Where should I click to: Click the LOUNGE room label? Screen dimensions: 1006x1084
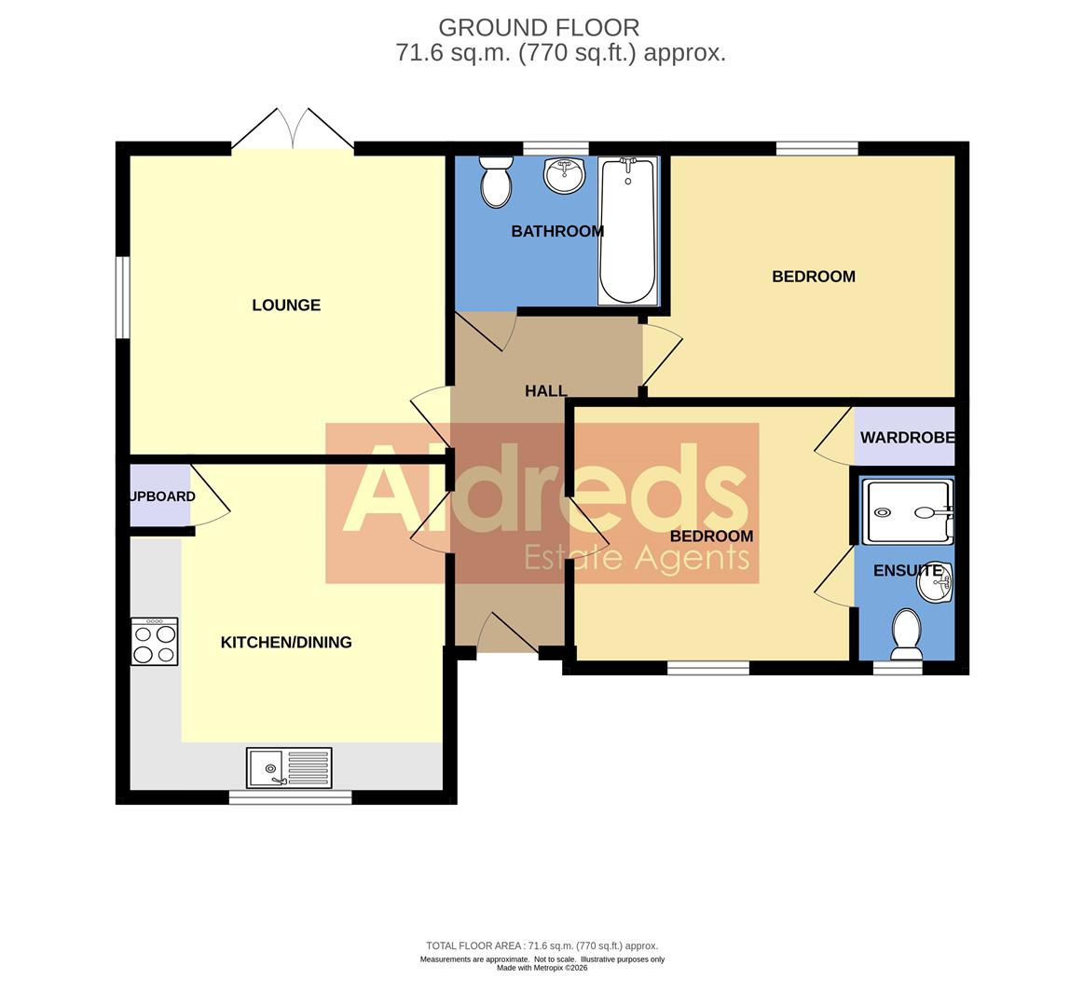(x=286, y=306)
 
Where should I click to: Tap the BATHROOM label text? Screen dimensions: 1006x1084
(x=556, y=231)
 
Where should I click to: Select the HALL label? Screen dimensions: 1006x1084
(x=545, y=391)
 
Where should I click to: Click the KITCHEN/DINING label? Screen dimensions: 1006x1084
(x=286, y=642)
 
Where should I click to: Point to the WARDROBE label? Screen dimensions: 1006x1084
(x=906, y=438)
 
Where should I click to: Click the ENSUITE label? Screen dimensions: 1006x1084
(x=907, y=571)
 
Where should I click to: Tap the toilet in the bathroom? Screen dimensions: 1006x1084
(x=496, y=181)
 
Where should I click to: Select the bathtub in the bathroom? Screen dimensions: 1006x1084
(x=627, y=230)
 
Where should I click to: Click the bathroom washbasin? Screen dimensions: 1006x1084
(x=563, y=174)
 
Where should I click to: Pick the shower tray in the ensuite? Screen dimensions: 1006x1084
(x=907, y=511)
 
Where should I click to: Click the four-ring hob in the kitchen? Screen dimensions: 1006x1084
(x=154, y=642)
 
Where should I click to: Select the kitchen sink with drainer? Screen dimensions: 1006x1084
(x=288, y=768)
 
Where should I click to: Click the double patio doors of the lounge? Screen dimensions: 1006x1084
(x=293, y=130)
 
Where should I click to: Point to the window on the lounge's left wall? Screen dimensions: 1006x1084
(x=122, y=297)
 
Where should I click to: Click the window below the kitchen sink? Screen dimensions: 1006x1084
(x=290, y=797)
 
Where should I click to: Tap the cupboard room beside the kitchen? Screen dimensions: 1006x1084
(x=158, y=496)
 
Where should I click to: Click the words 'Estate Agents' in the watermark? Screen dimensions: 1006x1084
(x=637, y=558)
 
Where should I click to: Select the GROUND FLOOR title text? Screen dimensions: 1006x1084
(x=539, y=28)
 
